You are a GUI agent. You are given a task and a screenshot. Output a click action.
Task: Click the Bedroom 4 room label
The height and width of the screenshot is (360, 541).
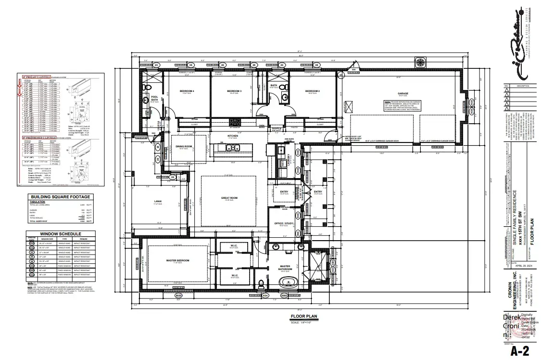point(187,91)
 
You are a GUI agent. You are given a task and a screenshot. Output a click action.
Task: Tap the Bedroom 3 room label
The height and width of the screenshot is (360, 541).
point(234,91)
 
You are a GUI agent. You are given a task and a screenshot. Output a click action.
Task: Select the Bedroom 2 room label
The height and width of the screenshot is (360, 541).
point(313,91)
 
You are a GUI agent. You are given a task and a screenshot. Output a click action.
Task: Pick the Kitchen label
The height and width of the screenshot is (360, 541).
point(233,136)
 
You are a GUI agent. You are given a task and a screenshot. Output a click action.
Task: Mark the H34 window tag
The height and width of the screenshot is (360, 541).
point(265,296)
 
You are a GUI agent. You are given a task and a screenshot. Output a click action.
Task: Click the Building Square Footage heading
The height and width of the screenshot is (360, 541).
point(60,197)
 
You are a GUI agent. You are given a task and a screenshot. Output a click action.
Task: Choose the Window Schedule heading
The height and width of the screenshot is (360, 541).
point(60,233)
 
